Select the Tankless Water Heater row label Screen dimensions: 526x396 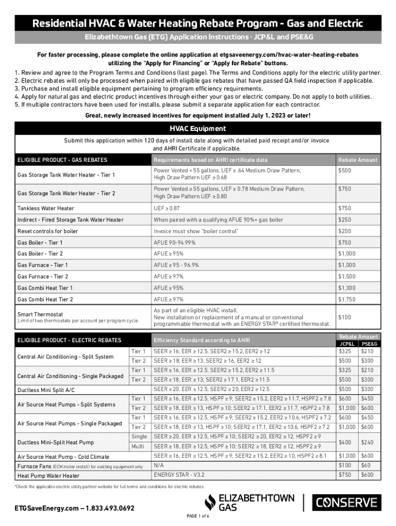click(x=46, y=208)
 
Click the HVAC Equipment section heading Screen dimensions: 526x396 click(x=198, y=128)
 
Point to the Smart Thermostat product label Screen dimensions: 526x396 click(x=40, y=313)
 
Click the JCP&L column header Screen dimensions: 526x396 click(x=345, y=343)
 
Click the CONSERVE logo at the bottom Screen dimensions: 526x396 click(x=346, y=502)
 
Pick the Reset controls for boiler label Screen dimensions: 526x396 click(x=48, y=231)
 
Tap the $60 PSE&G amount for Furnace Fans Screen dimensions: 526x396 click(x=367, y=465)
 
